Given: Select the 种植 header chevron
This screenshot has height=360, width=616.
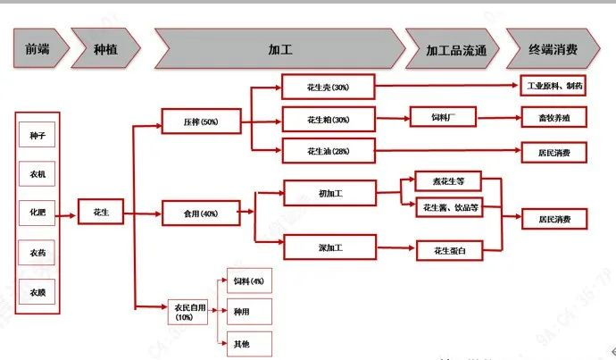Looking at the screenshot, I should tap(104, 48).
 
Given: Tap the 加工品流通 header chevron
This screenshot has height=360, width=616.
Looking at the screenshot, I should tap(452, 48).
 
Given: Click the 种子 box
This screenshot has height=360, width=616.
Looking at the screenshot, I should tap(38, 136).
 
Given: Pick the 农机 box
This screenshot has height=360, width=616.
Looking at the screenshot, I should tap(38, 174).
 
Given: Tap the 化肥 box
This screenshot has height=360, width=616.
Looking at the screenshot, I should tap(38, 213).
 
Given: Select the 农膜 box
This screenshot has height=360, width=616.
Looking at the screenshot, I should tap(38, 291).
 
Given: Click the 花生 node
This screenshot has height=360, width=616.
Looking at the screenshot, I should tap(101, 213).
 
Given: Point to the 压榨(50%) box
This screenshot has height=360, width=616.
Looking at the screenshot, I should tap(201, 121).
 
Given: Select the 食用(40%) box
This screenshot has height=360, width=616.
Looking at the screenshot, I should tap(201, 213).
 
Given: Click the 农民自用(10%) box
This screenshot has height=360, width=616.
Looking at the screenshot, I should tap(184, 313).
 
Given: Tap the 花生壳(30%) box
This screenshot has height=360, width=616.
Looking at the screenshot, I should tap(328, 87).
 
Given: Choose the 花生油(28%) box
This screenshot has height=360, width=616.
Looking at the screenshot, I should tap(328, 151).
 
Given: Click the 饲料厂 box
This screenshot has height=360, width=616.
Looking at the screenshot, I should tap(444, 118).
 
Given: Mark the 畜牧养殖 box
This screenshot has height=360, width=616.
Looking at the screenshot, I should tap(554, 118).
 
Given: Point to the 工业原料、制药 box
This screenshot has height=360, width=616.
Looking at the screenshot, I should tap(554, 87).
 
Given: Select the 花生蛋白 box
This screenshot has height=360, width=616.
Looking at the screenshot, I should tap(450, 250).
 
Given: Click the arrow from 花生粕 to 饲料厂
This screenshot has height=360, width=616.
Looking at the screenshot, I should tap(392, 118).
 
